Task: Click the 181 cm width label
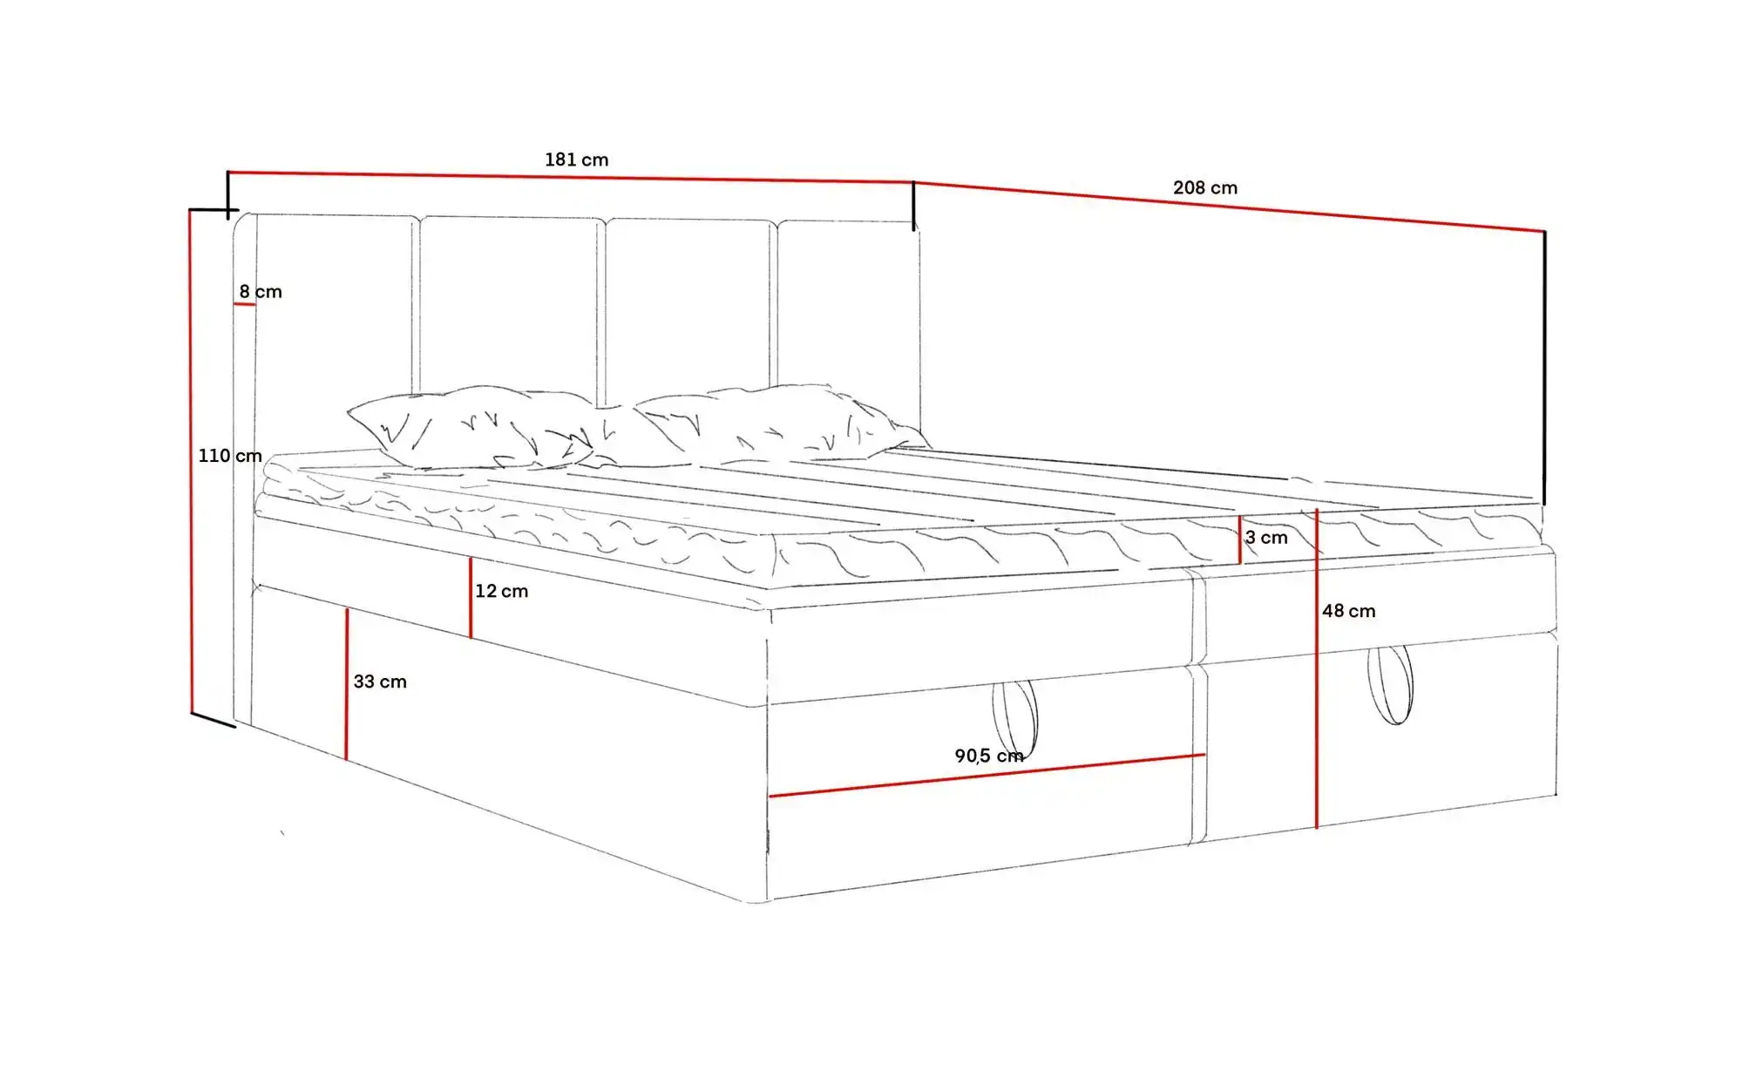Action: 576,159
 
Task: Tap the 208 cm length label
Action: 1204,187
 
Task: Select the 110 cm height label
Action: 230,455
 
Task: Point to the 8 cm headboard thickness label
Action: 261,291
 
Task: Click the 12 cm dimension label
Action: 501,591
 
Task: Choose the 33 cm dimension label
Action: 380,682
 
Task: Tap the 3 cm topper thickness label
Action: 1265,538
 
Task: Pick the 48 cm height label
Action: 1348,611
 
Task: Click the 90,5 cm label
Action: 989,756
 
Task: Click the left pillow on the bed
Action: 471,427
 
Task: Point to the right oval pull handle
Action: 1390,685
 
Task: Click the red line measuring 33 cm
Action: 346,684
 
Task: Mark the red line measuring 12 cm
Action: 471,598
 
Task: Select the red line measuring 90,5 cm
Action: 987,776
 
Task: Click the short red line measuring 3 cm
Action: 1239,539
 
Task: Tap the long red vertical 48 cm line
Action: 1316,668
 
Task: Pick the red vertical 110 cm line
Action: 190,461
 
